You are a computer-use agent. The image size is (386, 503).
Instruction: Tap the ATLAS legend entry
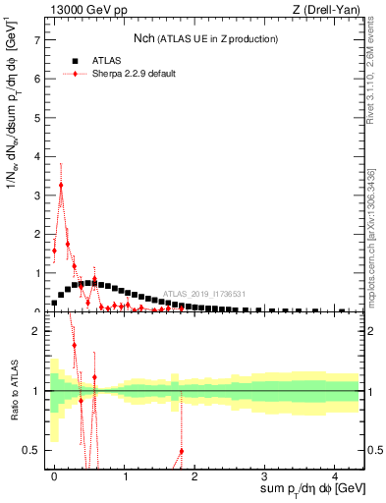click(103, 60)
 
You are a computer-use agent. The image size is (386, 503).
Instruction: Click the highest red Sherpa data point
click(61, 185)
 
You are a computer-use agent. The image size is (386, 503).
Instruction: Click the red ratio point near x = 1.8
click(182, 451)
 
